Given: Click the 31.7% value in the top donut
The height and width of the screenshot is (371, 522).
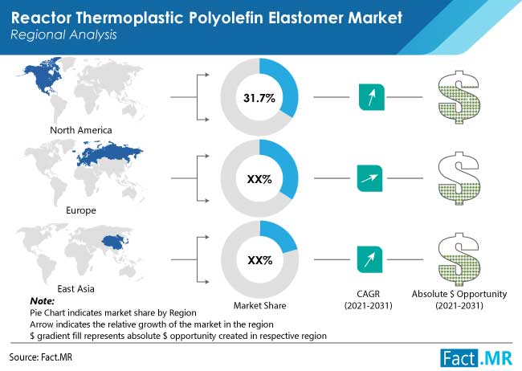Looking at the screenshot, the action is click(x=259, y=98).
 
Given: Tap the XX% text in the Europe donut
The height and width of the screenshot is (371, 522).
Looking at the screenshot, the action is click(x=259, y=180).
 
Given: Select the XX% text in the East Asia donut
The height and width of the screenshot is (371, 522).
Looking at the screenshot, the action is click(x=260, y=260).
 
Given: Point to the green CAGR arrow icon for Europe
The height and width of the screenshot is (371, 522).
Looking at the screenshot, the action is click(x=369, y=178).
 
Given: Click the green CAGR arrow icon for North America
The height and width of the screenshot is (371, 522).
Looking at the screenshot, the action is click(x=372, y=97).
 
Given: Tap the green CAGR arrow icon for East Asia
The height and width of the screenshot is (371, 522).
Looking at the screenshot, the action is click(x=369, y=259).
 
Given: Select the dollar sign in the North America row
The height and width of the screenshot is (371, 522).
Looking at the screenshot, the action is click(x=459, y=97).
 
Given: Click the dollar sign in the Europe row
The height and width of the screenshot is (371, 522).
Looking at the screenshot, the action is click(x=459, y=178).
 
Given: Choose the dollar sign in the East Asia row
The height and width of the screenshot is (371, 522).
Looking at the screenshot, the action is click(x=459, y=259).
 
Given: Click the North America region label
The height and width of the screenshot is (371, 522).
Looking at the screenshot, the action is click(x=81, y=130).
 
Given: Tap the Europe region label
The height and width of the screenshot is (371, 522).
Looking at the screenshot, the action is click(x=81, y=210).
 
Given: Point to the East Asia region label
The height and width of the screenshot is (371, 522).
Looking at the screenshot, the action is click(x=76, y=289).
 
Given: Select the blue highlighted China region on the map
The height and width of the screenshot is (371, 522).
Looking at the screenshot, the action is click(x=113, y=242).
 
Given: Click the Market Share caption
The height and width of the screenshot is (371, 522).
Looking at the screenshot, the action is click(x=259, y=305).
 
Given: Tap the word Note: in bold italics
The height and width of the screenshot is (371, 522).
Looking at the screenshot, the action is click(x=43, y=301).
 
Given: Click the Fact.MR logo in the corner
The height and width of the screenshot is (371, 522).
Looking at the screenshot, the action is click(x=476, y=358).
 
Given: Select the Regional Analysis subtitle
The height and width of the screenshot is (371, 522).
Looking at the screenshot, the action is click(x=63, y=35).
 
